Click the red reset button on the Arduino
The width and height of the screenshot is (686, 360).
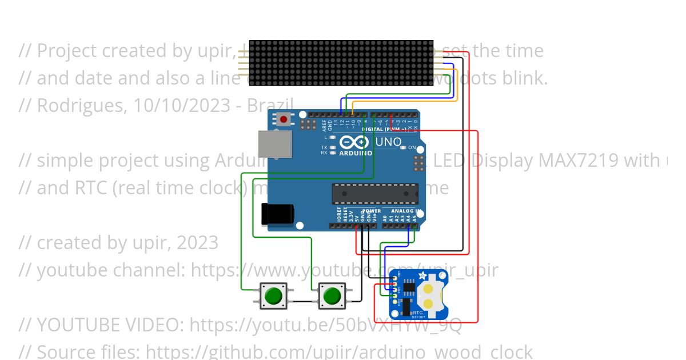point(283,119)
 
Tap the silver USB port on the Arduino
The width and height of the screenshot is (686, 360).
point(275,143)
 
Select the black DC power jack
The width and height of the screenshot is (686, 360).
point(277,214)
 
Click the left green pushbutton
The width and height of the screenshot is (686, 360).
point(273,296)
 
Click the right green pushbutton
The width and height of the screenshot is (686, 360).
point(332,296)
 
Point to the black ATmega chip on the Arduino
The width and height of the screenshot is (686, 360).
point(375,194)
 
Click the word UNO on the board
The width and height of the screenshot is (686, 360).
point(388,142)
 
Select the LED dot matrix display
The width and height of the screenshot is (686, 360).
point(341,63)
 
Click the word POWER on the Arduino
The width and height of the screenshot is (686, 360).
point(371,211)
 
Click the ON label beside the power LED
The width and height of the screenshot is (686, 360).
point(412,147)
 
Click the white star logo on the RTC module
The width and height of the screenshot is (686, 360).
point(423,276)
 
